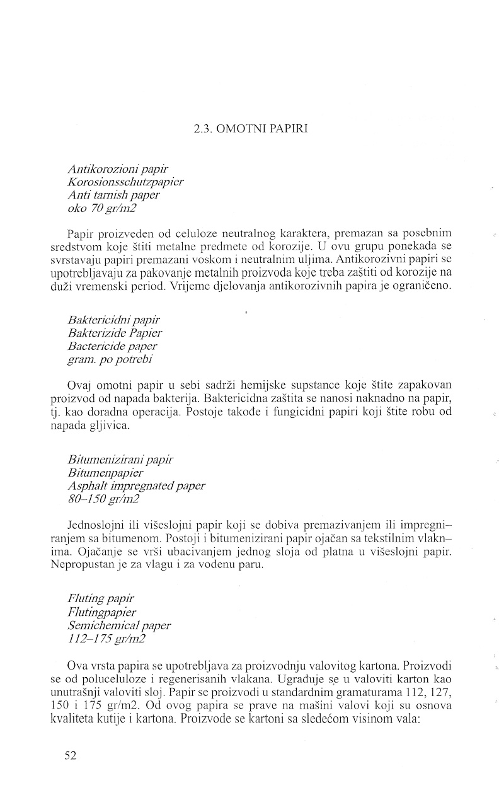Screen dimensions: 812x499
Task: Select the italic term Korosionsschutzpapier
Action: coord(125,182)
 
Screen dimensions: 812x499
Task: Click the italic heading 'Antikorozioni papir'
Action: coord(117,168)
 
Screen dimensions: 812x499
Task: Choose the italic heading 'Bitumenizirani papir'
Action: coord(120,460)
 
